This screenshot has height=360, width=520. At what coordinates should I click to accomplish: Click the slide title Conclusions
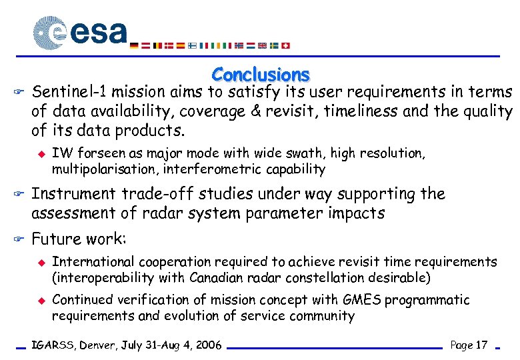(261, 75)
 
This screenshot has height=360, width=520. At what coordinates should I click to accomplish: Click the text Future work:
(79, 239)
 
